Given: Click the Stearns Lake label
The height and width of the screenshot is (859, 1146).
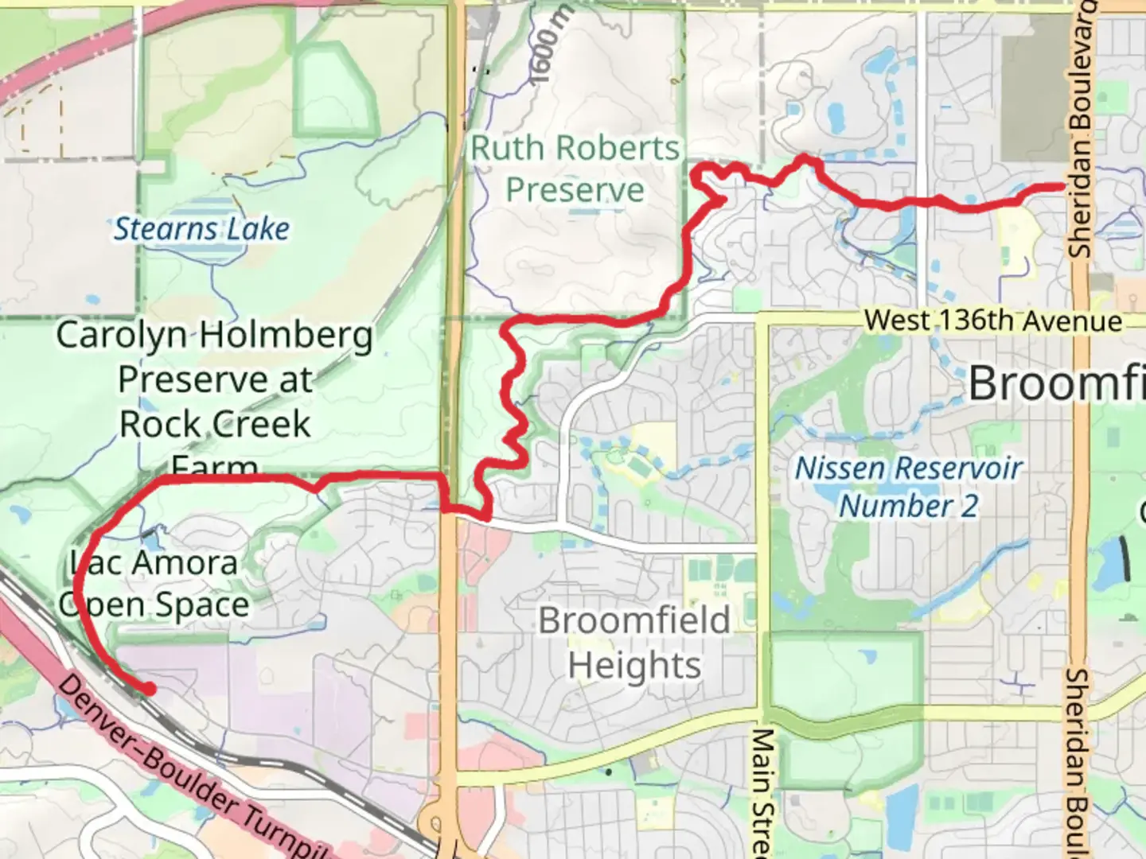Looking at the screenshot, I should pos(201,229).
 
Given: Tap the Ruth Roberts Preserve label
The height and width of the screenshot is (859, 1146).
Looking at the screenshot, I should pos(575,169).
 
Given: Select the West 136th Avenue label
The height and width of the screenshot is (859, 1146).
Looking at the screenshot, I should pos(992,321).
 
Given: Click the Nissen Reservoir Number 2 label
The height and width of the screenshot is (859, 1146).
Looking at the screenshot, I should pos(908,486).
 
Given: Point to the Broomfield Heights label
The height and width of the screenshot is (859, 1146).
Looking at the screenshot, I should pos(634,642).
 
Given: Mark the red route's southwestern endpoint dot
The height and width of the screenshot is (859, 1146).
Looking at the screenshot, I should pos(148,689).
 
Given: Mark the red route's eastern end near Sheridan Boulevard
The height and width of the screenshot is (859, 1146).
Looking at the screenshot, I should pos(1061,187).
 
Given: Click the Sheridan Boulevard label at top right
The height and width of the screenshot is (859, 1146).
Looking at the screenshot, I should pos(1082,127).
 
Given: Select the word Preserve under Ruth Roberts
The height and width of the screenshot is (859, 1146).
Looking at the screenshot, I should pos(575,190).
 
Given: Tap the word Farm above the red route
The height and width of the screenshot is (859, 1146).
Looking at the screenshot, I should pos(214,466).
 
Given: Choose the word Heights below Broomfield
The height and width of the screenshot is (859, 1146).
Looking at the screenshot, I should pos(634,665).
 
